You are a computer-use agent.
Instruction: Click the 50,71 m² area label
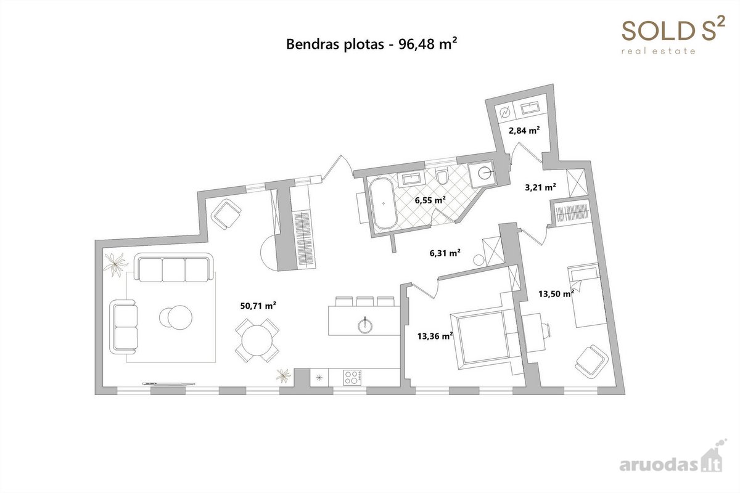tap(258, 306)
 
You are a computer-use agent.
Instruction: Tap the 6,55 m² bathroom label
tap(430, 200)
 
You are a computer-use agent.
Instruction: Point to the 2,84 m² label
tap(524, 131)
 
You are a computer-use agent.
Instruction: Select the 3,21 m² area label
tap(540, 187)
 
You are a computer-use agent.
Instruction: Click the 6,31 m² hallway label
tap(445, 253)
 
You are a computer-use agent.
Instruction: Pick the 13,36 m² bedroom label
tap(435, 336)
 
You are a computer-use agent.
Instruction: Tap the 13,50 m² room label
tap(556, 293)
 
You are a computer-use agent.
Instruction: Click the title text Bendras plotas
tap(335, 44)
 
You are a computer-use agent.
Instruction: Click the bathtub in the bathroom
tap(382, 203)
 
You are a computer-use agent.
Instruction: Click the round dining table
tap(257, 340)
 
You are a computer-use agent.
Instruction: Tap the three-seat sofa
tap(173, 267)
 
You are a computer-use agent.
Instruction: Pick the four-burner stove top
tap(352, 377)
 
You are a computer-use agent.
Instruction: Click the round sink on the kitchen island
tap(365, 325)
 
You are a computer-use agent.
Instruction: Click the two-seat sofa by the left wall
tap(123, 327)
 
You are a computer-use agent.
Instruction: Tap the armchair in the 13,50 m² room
tap(591, 362)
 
